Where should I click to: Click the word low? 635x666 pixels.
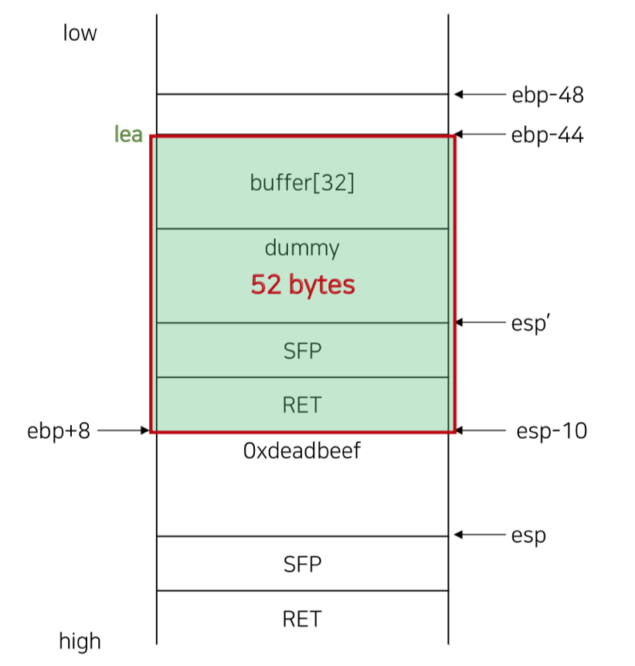pyautogui.click(x=80, y=34)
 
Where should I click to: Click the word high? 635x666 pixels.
pyautogui.click(x=80, y=641)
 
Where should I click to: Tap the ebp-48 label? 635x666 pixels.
pyautogui.click(x=547, y=95)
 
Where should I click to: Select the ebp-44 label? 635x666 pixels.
pyautogui.click(x=547, y=136)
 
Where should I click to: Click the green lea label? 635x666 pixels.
pyautogui.click(x=128, y=134)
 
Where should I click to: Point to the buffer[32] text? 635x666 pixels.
pyautogui.click(x=302, y=183)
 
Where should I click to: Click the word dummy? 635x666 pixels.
pyautogui.click(x=302, y=248)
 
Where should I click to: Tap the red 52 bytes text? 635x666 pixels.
pyautogui.click(x=302, y=285)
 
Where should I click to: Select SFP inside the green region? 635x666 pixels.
pyautogui.click(x=302, y=350)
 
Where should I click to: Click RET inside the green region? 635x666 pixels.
pyautogui.click(x=302, y=404)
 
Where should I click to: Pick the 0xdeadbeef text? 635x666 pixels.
pyautogui.click(x=302, y=451)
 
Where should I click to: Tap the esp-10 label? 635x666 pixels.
pyautogui.click(x=551, y=430)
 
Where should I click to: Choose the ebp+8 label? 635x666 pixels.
pyautogui.click(x=59, y=430)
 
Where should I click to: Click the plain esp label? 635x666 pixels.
pyautogui.click(x=528, y=535)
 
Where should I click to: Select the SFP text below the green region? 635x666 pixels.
pyautogui.click(x=302, y=564)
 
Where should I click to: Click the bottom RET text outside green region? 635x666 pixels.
pyautogui.click(x=302, y=619)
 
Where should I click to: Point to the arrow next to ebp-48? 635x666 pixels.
pyautogui.click(x=478, y=94)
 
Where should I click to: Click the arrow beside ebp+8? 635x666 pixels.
pyautogui.click(x=122, y=430)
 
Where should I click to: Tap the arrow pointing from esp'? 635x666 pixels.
pyautogui.click(x=478, y=322)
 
